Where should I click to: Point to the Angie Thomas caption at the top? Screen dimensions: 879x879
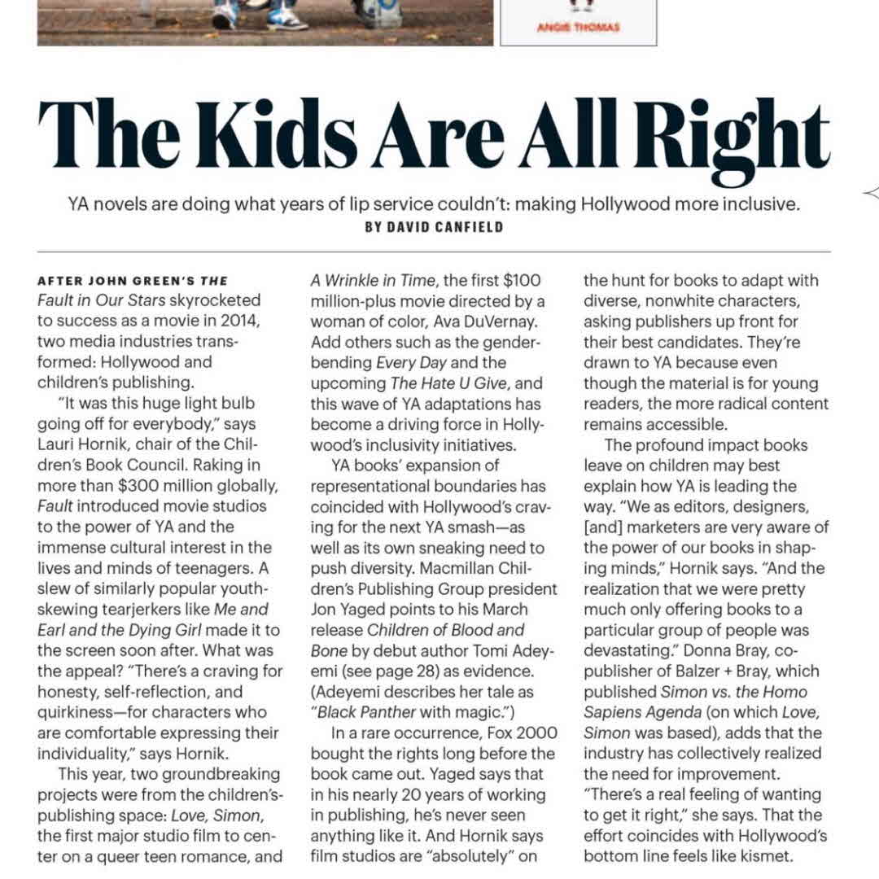click(578, 28)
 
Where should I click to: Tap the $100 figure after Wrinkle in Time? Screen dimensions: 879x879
click(520, 281)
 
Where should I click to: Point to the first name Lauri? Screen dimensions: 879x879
click(55, 444)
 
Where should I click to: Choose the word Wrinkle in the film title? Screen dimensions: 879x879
click(355, 281)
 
